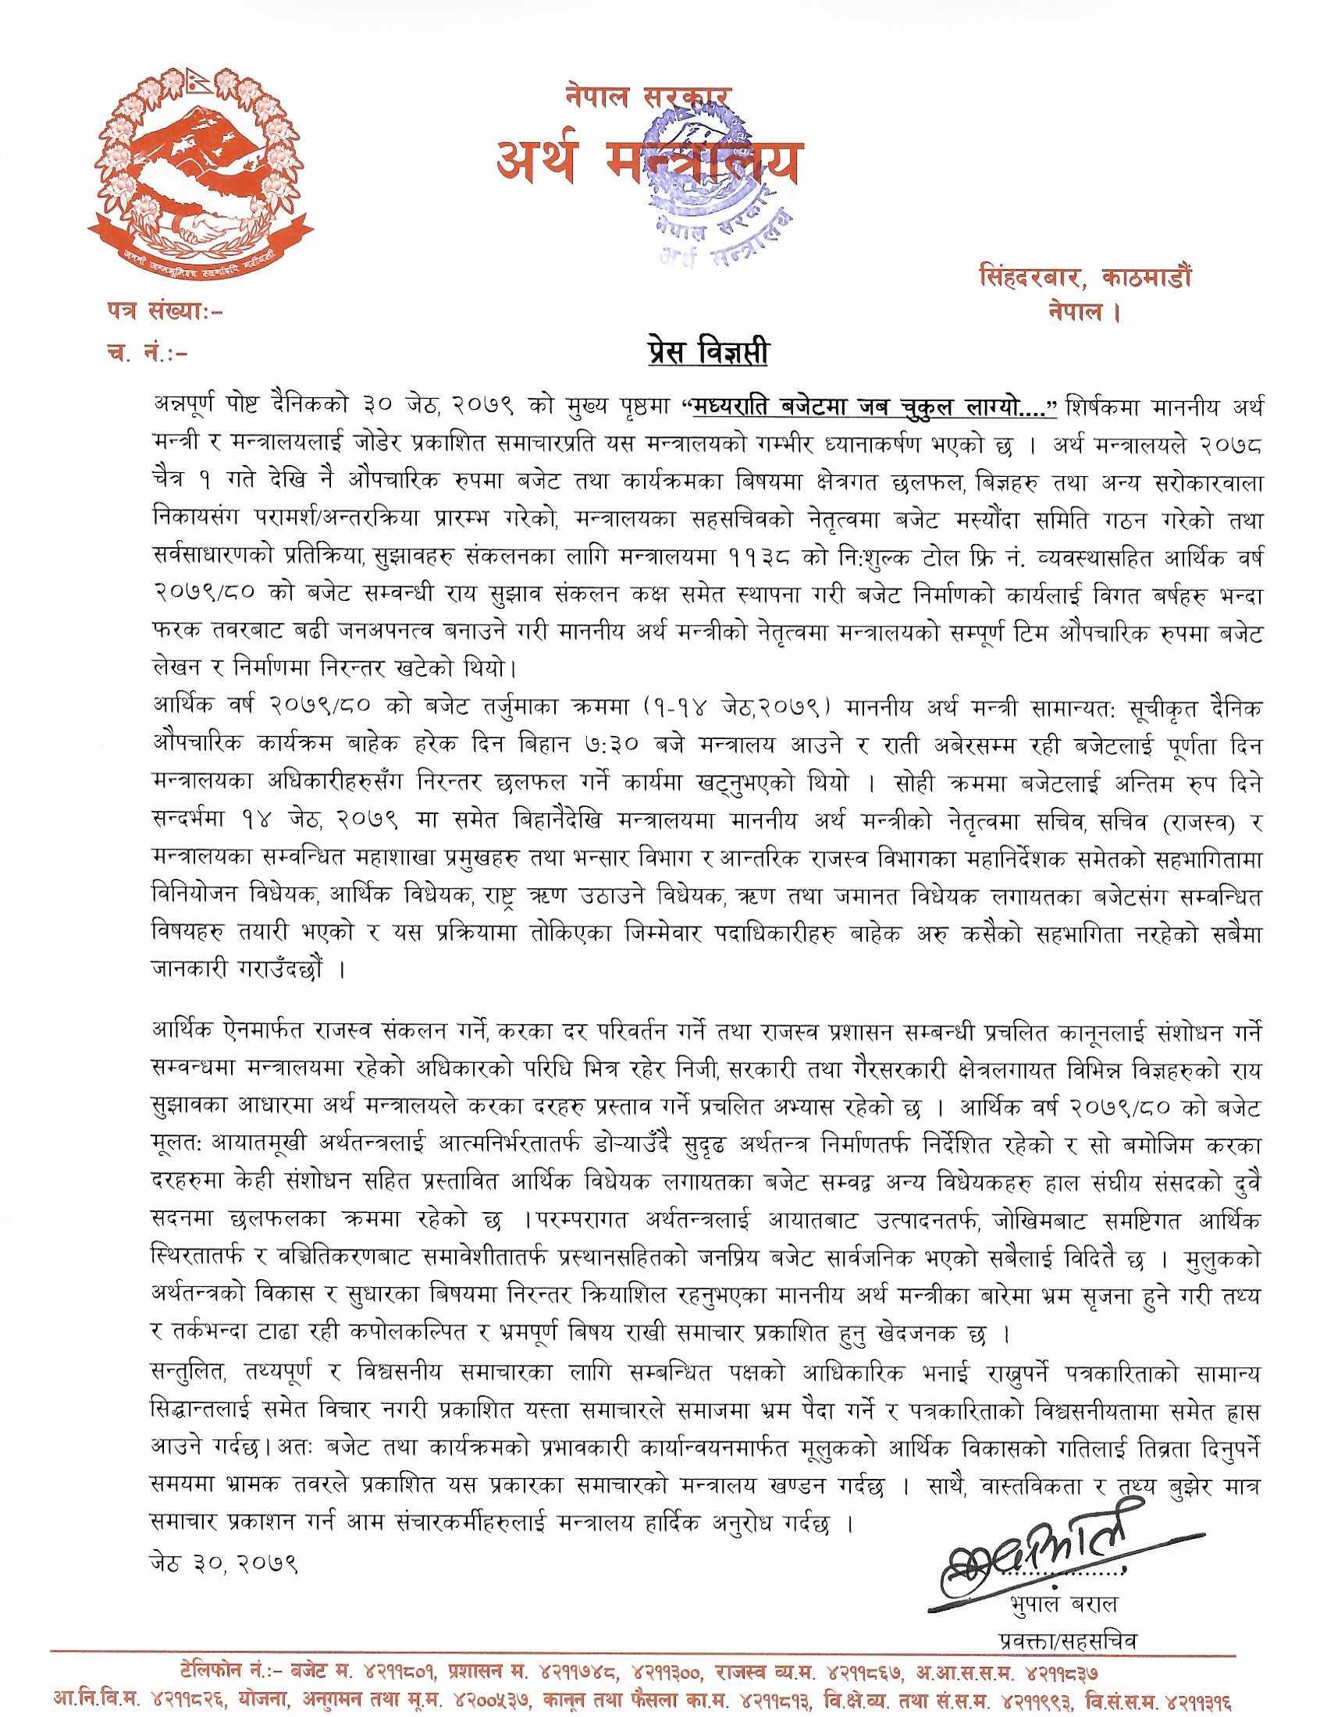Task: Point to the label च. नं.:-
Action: [145, 354]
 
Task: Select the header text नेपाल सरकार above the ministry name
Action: [646, 96]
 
